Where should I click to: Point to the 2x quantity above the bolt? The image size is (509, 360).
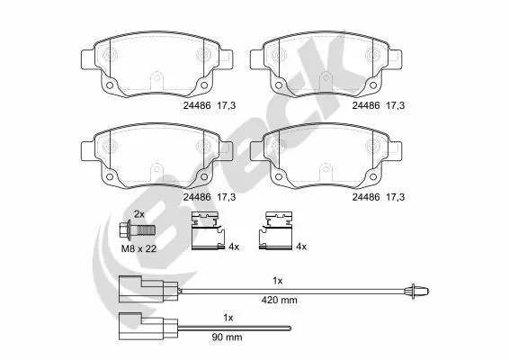[138, 212]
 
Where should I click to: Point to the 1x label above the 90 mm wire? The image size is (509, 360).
[228, 318]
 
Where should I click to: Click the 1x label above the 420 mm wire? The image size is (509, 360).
[279, 281]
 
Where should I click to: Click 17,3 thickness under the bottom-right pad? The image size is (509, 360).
[393, 195]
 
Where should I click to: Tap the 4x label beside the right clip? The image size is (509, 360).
[301, 247]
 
